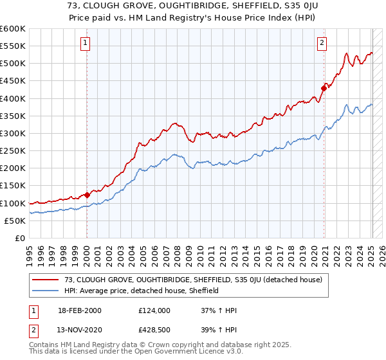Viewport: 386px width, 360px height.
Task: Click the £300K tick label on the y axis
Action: pos(13,133)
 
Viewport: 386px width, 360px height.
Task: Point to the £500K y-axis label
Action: pos(13,64)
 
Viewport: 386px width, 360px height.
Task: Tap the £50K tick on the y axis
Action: pos(15,221)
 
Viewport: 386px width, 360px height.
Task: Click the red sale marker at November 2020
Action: pos(324,89)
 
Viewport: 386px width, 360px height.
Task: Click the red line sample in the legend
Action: pos(46,280)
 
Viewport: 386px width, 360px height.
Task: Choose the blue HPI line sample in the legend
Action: pos(46,291)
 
